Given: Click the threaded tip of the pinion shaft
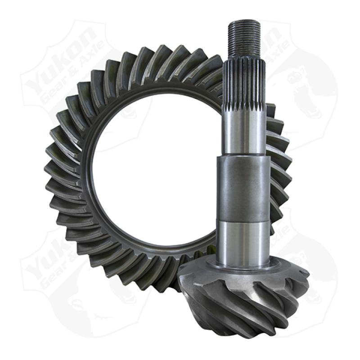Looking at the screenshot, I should point(246,40).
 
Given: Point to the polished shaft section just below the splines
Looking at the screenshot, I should point(245,130).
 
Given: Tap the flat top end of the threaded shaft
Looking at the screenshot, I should point(246,22).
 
